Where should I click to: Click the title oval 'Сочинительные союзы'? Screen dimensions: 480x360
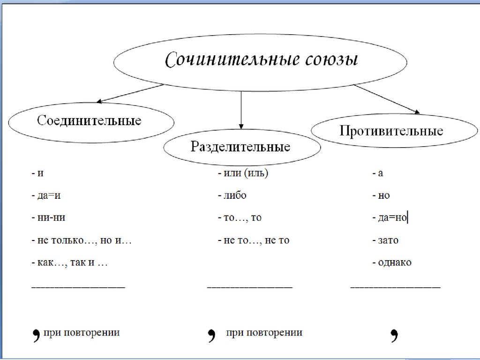pos(261,61)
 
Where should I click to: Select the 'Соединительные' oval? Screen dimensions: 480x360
pos(90,121)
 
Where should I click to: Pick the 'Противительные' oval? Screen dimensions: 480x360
pos(391,130)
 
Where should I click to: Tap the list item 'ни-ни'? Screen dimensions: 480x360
pos(52,218)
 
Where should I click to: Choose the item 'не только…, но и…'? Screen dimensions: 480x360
pos(82,240)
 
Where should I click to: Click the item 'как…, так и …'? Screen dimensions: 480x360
pos(70,263)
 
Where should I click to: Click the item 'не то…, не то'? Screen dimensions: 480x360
pos(254,240)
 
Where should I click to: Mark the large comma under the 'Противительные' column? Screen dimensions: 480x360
pos(394,335)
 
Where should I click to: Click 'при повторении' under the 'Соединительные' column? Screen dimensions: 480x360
pos(82,333)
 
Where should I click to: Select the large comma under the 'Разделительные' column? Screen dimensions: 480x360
pos(211,335)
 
